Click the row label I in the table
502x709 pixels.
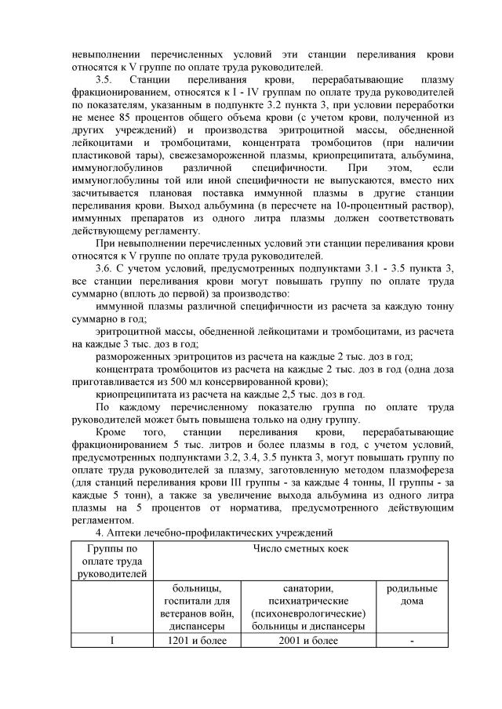[111, 642]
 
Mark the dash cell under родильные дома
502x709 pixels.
[412, 642]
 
